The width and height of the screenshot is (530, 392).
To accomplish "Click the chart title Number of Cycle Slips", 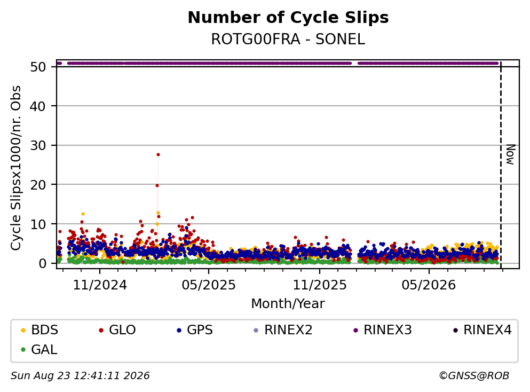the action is [x=288, y=18].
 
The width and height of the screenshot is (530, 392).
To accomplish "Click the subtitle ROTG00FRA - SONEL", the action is [x=288, y=39].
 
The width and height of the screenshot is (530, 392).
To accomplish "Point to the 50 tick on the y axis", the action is [x=38, y=67].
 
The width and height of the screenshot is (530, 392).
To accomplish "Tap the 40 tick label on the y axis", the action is [x=38, y=106].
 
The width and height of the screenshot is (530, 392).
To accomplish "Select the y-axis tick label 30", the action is [x=38, y=145].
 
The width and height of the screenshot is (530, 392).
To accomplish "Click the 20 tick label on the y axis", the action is [x=38, y=185].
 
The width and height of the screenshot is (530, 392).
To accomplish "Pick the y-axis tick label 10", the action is [x=38, y=224].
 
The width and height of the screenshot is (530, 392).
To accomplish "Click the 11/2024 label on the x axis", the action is [x=100, y=285].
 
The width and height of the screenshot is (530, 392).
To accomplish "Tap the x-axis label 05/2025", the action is [x=209, y=285].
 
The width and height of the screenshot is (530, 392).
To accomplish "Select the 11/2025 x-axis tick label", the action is [x=319, y=285].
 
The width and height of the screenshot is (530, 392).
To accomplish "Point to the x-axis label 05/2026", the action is [x=429, y=285].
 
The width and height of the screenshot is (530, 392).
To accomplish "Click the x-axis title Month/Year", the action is [x=288, y=304].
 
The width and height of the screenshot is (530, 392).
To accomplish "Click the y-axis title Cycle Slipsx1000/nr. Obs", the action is [x=15, y=168].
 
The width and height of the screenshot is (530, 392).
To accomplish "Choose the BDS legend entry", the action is [x=39, y=330].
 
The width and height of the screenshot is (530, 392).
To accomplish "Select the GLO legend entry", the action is [x=117, y=330].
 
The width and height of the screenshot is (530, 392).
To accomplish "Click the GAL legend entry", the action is [x=39, y=349].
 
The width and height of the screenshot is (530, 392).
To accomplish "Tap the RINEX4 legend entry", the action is [x=482, y=330].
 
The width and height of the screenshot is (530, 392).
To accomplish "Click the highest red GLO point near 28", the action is [x=158, y=154].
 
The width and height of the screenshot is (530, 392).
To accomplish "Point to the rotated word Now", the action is [x=510, y=154].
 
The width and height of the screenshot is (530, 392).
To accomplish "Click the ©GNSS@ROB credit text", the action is [x=474, y=375].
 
